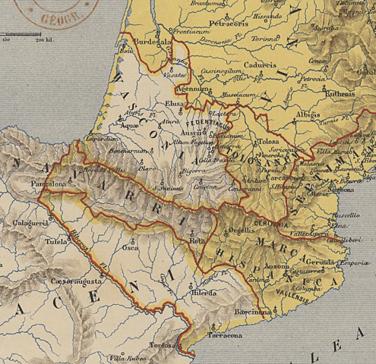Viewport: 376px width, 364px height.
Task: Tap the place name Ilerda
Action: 204,292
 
